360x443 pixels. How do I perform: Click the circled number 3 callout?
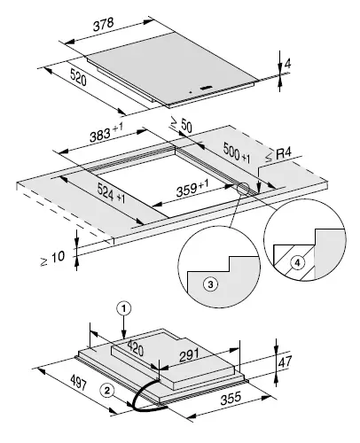pos(209,284)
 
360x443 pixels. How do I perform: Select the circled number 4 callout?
pos(298,263)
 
